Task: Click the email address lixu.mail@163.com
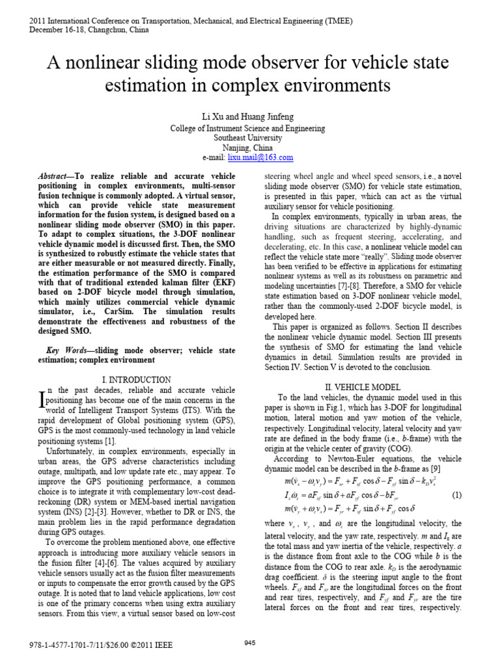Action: [266, 157]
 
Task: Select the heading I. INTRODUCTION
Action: [137, 380]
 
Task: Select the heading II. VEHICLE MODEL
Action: [365, 388]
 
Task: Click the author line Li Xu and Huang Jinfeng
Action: [249, 116]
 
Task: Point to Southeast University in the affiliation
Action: [249, 138]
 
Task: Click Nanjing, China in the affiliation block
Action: [249, 148]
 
